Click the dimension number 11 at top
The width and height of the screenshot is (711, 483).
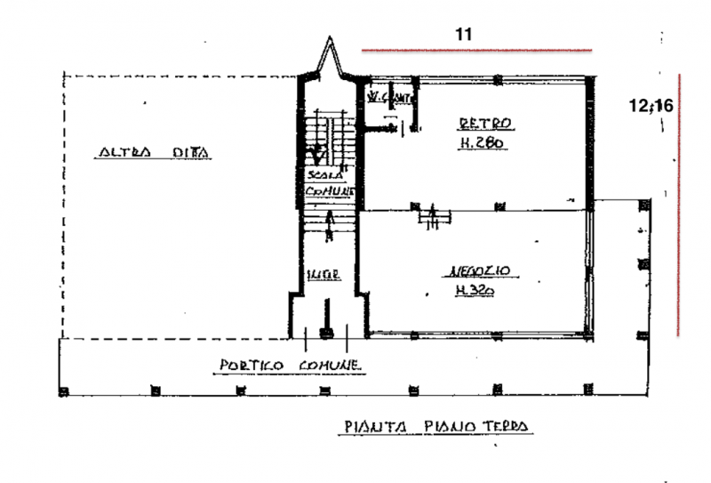coord(462,35)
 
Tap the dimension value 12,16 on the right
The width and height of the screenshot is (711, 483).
coord(651,105)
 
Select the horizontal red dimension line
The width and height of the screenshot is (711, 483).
coord(477,50)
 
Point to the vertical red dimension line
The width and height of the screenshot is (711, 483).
coord(679,205)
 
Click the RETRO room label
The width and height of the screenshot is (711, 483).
coord(485,123)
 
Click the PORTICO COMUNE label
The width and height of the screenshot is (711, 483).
coord(291,366)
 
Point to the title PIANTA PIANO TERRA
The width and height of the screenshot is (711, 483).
coord(436,427)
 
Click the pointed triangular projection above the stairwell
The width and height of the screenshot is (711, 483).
coord(330,60)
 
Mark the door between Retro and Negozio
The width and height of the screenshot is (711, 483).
coord(433,213)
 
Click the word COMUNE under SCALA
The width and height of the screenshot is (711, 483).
coord(331,192)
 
